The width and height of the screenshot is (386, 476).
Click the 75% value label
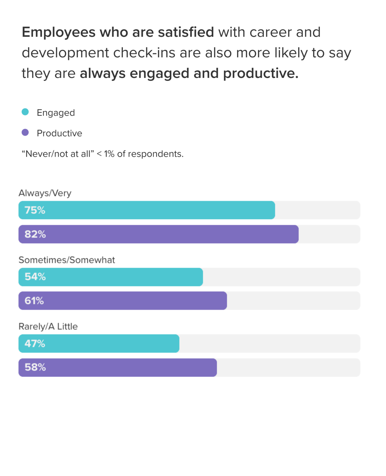[35, 210]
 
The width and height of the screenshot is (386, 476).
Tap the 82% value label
[35, 234]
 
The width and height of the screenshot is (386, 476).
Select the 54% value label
[35, 277]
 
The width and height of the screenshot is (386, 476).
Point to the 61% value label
[34, 301]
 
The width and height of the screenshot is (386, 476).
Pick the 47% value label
[35, 343]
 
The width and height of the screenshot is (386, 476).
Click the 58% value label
[35, 367]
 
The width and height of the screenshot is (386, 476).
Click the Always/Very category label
[45, 193]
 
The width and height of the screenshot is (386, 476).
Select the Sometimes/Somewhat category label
[67, 260]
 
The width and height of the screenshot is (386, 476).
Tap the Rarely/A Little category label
[48, 326]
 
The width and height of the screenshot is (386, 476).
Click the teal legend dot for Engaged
[25, 112]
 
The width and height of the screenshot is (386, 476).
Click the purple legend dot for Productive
[25, 132]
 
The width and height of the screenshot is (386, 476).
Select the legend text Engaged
[56, 113]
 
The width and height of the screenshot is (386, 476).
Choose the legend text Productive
[59, 133]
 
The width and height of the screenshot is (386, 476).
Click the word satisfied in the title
[186, 32]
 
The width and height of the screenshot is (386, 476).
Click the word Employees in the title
[59, 32]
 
